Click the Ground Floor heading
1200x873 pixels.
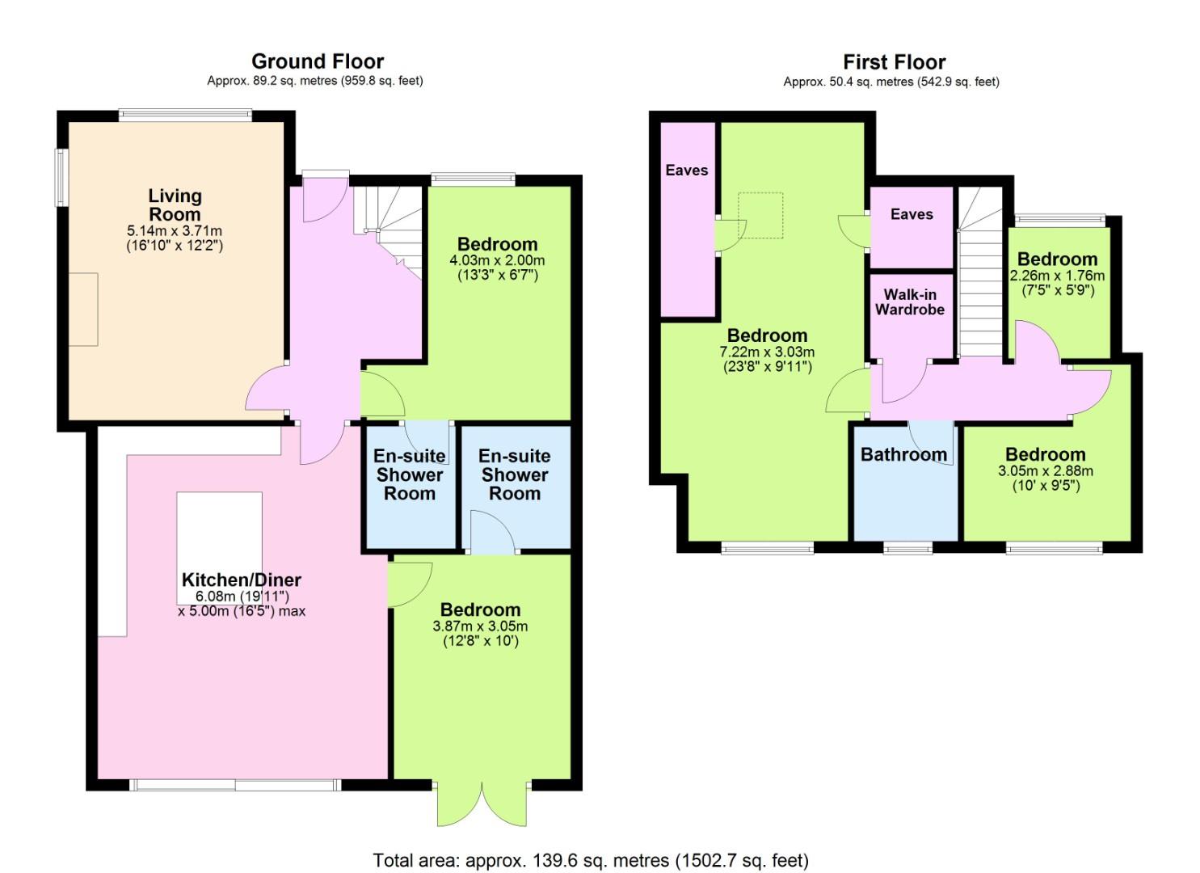(x=318, y=61)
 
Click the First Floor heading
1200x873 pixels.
(x=894, y=62)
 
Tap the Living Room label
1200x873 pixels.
(x=175, y=205)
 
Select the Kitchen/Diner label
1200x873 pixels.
(x=242, y=580)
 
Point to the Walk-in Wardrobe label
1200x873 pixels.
(x=910, y=302)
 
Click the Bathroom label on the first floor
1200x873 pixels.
(x=903, y=454)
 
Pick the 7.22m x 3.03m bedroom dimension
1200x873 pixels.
(x=767, y=352)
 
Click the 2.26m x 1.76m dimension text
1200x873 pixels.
(x=1057, y=276)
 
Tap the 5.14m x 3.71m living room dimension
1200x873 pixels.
(x=175, y=231)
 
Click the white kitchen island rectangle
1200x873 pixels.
(x=219, y=547)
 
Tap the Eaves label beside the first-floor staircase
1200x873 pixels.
(x=912, y=214)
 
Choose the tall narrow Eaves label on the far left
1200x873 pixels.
(x=687, y=171)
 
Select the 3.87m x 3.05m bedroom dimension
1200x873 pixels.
(x=480, y=626)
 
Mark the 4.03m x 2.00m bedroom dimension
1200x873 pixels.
(x=497, y=260)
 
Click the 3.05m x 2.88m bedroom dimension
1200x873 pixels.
(x=1045, y=471)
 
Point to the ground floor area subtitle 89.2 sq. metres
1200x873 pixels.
(x=315, y=81)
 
